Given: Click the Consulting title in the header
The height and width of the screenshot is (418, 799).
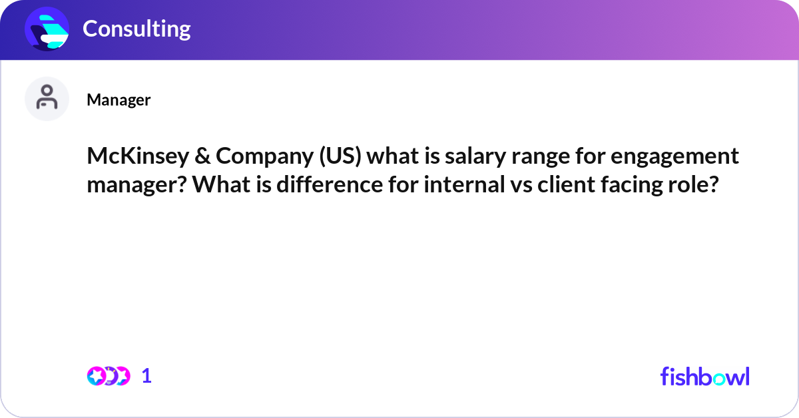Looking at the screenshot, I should pos(136,29).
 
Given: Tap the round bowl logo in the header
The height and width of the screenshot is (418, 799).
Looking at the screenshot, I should pos(47,29).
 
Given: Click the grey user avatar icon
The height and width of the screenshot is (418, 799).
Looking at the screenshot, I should pos(47,99).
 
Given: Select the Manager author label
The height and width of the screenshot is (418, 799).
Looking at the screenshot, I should pos(119,100).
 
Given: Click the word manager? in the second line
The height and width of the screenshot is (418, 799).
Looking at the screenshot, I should pos(135,184).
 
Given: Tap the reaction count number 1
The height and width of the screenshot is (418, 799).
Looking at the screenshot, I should pos(146,376).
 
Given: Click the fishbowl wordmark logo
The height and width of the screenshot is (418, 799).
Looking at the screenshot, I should pos(704,376).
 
